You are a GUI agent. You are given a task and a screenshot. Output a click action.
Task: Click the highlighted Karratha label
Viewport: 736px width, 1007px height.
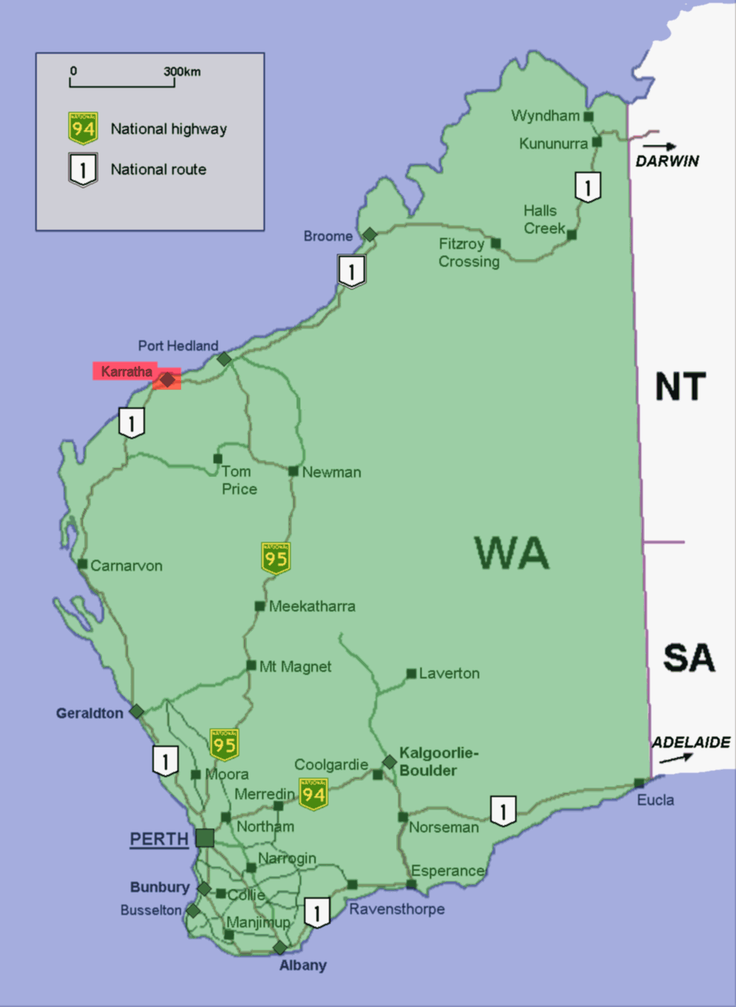[x=126, y=371]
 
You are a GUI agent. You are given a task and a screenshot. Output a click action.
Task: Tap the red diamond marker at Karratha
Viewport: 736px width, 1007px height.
[x=168, y=379]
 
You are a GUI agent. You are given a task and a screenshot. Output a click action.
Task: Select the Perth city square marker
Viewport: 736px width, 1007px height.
[x=205, y=838]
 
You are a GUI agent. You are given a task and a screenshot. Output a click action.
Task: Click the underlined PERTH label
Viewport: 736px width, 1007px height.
[x=159, y=839]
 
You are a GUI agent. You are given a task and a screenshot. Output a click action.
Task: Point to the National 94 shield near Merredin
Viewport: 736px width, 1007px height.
[x=313, y=794]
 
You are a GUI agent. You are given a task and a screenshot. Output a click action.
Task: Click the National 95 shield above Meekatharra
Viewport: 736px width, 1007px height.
[x=276, y=558]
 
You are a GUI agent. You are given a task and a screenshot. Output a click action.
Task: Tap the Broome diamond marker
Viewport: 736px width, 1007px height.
[x=369, y=235]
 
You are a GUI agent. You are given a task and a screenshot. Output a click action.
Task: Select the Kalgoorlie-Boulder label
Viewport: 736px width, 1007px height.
[x=439, y=762]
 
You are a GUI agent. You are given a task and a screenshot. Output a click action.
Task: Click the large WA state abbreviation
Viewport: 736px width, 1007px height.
[x=512, y=553]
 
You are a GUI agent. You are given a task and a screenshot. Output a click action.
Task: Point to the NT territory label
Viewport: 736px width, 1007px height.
[x=680, y=387]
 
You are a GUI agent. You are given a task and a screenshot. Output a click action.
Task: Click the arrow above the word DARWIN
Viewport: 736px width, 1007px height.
[x=659, y=147]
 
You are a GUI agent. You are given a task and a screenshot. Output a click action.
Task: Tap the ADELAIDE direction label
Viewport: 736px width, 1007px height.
[x=691, y=743]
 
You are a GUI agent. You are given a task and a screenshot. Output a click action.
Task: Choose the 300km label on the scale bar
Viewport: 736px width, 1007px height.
[x=182, y=71]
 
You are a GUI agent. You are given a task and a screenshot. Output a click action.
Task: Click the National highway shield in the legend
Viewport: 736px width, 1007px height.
[x=83, y=128]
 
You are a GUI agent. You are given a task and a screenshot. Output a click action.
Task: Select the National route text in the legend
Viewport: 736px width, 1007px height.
[x=158, y=169]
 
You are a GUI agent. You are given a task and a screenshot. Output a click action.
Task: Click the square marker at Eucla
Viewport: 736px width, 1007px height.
[x=639, y=783]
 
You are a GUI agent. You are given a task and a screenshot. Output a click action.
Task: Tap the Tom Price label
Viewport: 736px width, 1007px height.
[x=239, y=480]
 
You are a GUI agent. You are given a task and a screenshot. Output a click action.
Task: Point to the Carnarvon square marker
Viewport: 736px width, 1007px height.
[x=82, y=564]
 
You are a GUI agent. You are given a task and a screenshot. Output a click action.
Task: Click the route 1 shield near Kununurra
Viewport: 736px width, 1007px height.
[x=587, y=187]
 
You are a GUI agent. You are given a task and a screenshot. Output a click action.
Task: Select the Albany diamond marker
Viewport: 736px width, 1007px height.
[x=280, y=947]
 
